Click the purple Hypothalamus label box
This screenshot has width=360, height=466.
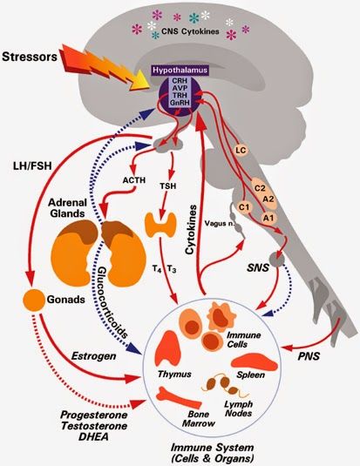[x=180, y=71]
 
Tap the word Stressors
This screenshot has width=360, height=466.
[x=30, y=57]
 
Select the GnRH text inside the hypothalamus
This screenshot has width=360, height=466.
[x=179, y=103]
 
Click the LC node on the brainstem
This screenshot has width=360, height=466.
[x=241, y=150]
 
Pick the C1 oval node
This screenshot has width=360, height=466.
[x=246, y=206]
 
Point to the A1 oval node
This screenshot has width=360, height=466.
[x=268, y=218]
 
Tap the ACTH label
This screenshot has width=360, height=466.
[x=134, y=180]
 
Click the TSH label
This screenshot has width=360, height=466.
[x=168, y=186]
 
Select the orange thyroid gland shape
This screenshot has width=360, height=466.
[x=160, y=225]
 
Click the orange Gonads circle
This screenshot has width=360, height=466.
[x=34, y=300]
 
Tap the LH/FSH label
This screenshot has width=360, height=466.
[x=33, y=165]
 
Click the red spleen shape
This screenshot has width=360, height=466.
[x=255, y=361]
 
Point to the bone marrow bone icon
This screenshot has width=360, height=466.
[x=179, y=398]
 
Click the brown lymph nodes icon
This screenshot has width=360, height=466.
[x=223, y=385]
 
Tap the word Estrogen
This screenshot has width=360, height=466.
[x=94, y=356]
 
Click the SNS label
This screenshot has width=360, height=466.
[x=258, y=267]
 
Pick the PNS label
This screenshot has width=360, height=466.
[x=309, y=356]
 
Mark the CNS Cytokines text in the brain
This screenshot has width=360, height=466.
[x=190, y=31]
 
